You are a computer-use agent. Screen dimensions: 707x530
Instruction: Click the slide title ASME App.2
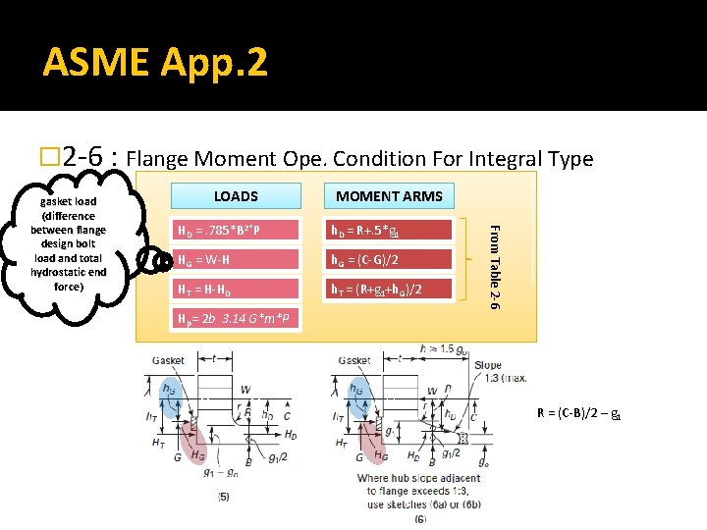(x=155, y=64)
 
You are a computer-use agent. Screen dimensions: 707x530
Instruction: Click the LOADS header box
(x=236, y=196)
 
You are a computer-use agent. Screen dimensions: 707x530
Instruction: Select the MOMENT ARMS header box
(x=389, y=196)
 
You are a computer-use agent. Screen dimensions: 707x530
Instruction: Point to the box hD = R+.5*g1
(x=390, y=231)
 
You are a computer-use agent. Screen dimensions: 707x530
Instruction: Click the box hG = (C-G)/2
(x=390, y=259)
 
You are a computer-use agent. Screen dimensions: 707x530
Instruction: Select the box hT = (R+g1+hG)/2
(x=390, y=289)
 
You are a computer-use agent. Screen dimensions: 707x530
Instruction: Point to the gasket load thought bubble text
(x=68, y=244)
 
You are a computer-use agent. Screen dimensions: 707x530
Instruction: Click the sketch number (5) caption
(x=224, y=497)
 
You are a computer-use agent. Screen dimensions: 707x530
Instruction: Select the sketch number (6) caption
(x=420, y=517)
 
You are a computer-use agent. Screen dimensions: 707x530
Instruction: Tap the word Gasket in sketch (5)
(x=168, y=360)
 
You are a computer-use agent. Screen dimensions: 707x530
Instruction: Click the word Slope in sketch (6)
(x=487, y=365)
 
